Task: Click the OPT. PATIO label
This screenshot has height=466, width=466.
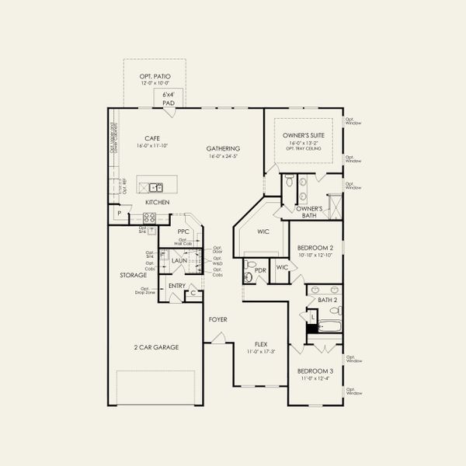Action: point(155,76)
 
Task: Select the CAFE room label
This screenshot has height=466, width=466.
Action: point(141,137)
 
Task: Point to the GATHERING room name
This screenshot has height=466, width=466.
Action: point(223,148)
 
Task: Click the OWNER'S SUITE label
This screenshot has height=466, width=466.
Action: point(304,135)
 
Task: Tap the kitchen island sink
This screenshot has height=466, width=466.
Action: point(156,186)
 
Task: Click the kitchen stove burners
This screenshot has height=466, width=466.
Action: point(149,218)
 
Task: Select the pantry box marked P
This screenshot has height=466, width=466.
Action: point(119,213)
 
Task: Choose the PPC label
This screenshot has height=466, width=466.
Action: point(183,231)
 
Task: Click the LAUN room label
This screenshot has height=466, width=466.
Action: point(180,261)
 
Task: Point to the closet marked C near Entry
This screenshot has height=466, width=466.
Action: point(193,293)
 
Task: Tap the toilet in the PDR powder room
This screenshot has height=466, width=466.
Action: point(249,276)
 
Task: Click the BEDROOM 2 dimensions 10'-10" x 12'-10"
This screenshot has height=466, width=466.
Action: point(315,255)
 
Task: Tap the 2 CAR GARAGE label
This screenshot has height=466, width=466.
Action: point(156,347)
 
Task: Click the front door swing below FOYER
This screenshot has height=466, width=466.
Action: point(220,336)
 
